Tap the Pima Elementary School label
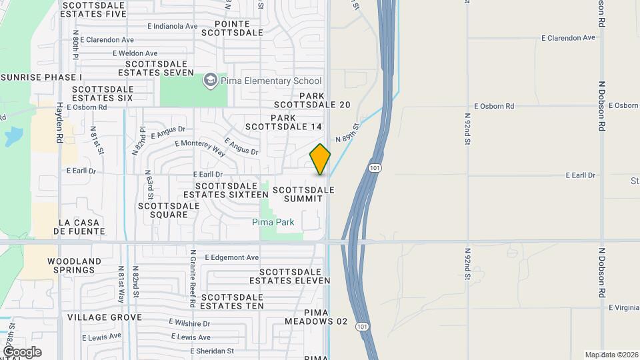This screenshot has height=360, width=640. [261, 81]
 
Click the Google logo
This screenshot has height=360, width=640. [22, 352]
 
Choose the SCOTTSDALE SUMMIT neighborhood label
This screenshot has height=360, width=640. [303, 194]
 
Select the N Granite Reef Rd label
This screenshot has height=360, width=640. [192, 283]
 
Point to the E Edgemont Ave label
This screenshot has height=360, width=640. [231, 257]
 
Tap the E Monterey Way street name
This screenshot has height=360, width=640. [199, 147]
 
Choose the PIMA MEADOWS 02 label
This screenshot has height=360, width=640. [316, 317]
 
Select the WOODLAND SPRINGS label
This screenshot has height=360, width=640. [74, 265]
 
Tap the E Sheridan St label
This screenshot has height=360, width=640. [212, 351]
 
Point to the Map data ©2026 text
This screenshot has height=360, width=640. [611, 355]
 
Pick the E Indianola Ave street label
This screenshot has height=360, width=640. [173, 27]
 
